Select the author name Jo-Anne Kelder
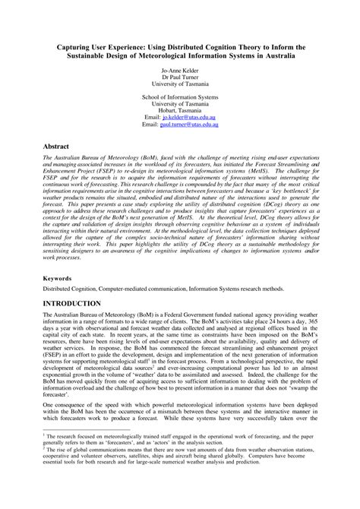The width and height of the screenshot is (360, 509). (x=181, y=70)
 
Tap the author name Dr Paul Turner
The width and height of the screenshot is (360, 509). (x=181, y=77)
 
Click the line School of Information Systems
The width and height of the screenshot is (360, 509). (x=181, y=98)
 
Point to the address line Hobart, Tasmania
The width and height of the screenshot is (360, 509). (x=181, y=112)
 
